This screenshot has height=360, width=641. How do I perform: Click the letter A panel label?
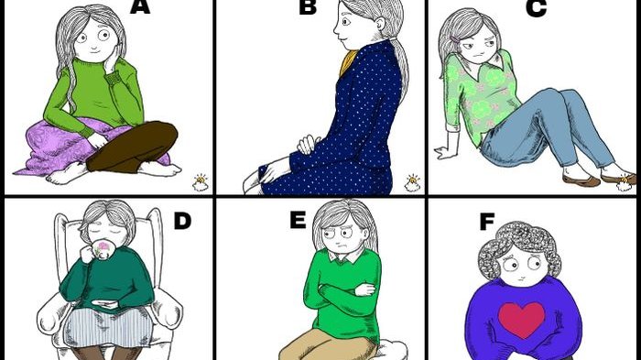pyautogui.click(x=140, y=7)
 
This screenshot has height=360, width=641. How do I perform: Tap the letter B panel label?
pyautogui.click(x=308, y=7)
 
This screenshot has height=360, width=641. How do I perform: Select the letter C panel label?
pyautogui.click(x=536, y=8)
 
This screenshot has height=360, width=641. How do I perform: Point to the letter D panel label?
pyautogui.click(x=182, y=221)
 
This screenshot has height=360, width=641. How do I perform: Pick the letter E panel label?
pyautogui.click(x=298, y=220)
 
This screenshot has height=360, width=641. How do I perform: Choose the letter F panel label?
pyautogui.click(x=486, y=222)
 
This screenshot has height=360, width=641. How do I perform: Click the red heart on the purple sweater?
pyautogui.click(x=522, y=320)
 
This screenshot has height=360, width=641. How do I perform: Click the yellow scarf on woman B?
pyautogui.click(x=347, y=62)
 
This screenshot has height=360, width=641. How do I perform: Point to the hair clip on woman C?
pyautogui.click(x=454, y=39)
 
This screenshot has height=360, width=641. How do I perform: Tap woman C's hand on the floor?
pyautogui.click(x=446, y=152)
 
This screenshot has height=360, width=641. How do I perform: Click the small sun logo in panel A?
pyautogui.click(x=201, y=183)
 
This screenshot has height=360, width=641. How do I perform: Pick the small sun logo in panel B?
pyautogui.click(x=412, y=183)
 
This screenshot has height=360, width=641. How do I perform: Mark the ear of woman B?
pyautogui.click(x=381, y=24)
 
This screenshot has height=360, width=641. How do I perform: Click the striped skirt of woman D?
pyautogui.click(x=108, y=327)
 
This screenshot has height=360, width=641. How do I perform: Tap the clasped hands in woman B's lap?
pyautogui.click(x=307, y=145)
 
